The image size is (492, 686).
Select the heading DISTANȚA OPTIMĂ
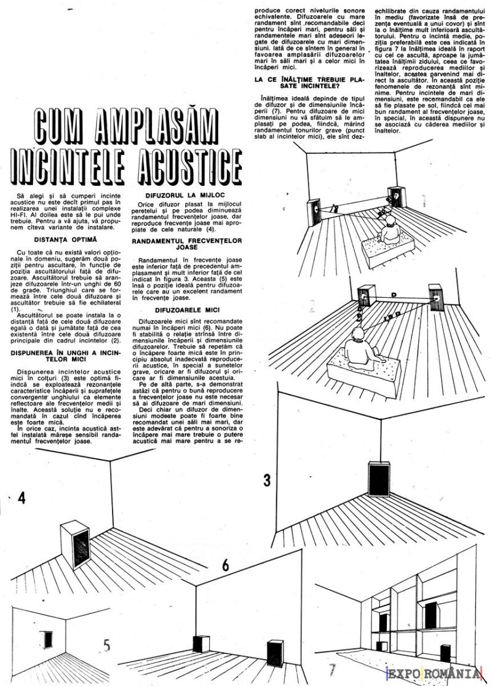[x=66, y=238]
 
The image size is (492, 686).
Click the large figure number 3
[x=267, y=481]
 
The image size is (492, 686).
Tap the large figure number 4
[x=22, y=498]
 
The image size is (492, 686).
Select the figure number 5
[x=106, y=645]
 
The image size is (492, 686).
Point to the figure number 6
[x=225, y=565]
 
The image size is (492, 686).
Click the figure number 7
[x=333, y=669]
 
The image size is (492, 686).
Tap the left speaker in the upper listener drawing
[x=315, y=210]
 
